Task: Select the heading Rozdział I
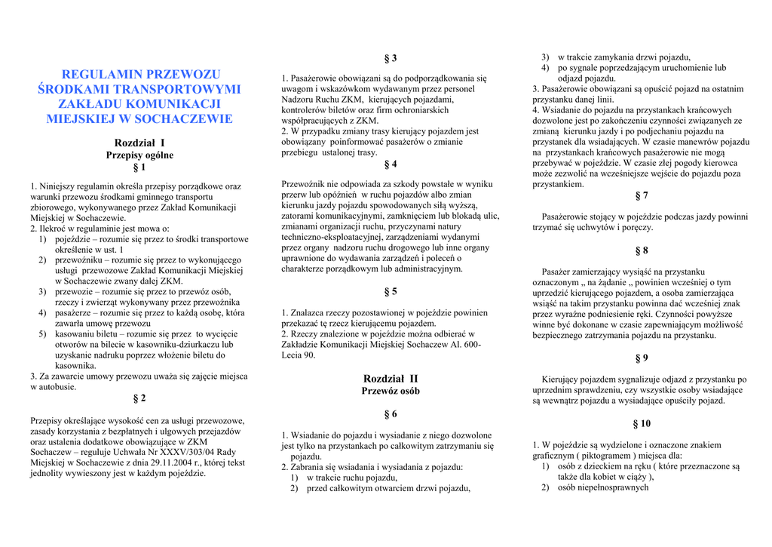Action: coord(139,143)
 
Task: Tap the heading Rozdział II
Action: coord(391,378)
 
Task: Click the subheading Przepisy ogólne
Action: coord(139,155)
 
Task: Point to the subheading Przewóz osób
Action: coord(391,391)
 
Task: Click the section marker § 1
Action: coord(139,167)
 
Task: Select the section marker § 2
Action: coord(139,398)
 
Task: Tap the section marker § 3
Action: coord(391,59)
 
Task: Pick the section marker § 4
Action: coord(391,164)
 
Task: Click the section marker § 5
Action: coord(391,291)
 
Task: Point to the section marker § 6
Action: coord(391,414)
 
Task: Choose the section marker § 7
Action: coord(642,195)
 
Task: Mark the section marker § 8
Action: coord(642,250)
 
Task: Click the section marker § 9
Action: coord(642,358)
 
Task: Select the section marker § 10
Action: coord(642,423)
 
